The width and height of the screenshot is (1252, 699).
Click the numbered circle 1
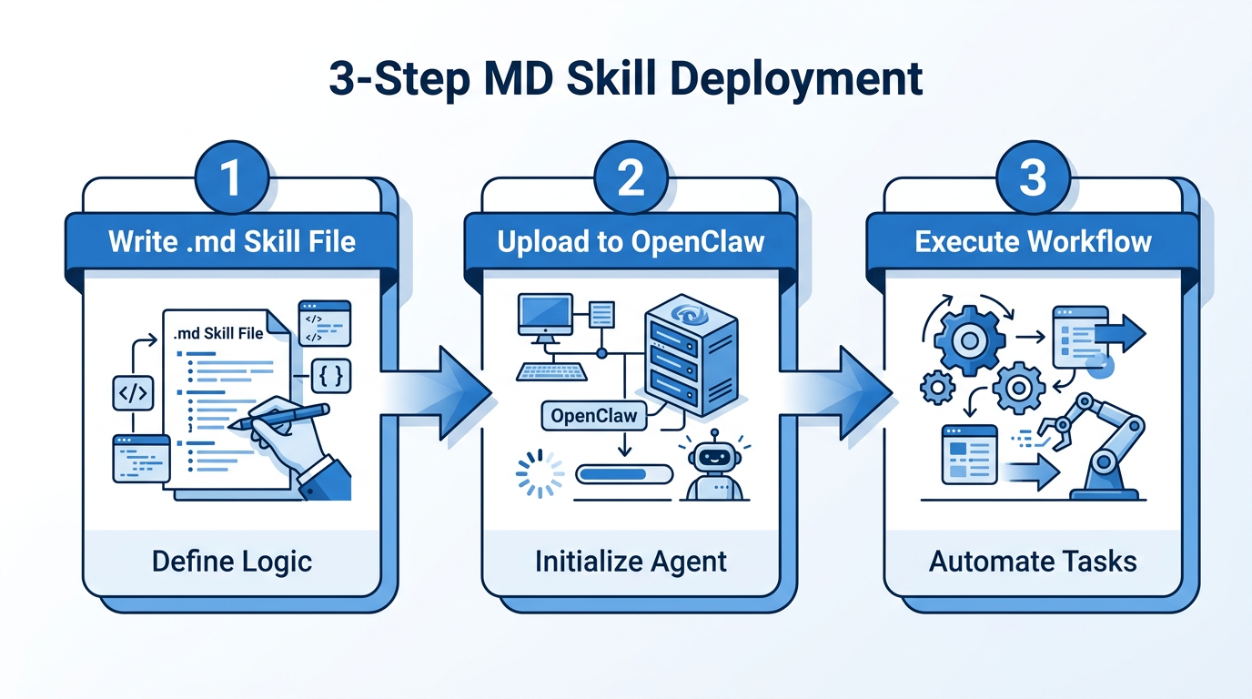(231, 177)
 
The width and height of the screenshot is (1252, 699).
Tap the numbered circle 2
(631, 177)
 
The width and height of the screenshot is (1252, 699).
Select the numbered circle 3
(1032, 177)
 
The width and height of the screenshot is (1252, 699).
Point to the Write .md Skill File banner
(231, 241)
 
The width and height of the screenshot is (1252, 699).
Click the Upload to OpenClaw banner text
(631, 241)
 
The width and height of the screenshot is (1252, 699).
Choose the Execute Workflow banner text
(1033, 241)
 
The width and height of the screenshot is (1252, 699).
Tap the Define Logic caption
(231, 561)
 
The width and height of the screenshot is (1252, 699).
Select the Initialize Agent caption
(631, 561)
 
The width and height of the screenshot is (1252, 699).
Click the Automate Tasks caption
(1033, 561)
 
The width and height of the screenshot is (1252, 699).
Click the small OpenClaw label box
(594, 416)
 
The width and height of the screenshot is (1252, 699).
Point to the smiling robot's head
(714, 454)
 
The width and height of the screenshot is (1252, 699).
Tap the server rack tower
(690, 359)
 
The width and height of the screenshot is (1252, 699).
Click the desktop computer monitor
(545, 317)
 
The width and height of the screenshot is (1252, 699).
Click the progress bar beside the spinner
(624, 474)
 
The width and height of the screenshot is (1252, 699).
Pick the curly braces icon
(331, 376)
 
